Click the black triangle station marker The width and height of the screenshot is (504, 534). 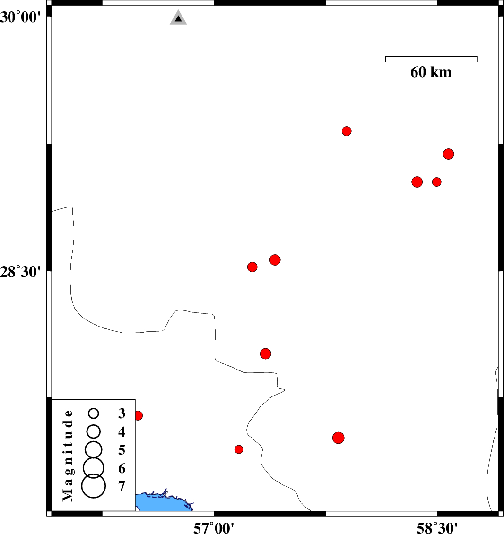(178, 17)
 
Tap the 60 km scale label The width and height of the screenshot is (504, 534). (431, 72)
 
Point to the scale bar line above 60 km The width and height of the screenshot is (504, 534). (431, 57)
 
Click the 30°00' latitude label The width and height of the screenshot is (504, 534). (20, 17)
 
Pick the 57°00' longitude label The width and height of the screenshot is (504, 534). (214, 528)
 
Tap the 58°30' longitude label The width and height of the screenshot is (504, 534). (437, 528)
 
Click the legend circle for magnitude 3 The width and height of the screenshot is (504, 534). (93, 413)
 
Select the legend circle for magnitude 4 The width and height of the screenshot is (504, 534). (93, 431)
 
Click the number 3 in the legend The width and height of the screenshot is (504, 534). (122, 413)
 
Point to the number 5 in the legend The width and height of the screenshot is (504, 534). (122, 450)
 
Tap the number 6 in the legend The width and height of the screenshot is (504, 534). (122, 469)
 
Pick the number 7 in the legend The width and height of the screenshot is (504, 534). (122, 486)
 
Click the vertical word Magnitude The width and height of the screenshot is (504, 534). (68, 456)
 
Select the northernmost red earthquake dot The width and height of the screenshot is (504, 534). (347, 131)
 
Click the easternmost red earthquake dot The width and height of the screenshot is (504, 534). (449, 154)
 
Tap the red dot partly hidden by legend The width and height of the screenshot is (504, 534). (139, 415)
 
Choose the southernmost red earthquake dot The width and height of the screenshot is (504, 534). (239, 449)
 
